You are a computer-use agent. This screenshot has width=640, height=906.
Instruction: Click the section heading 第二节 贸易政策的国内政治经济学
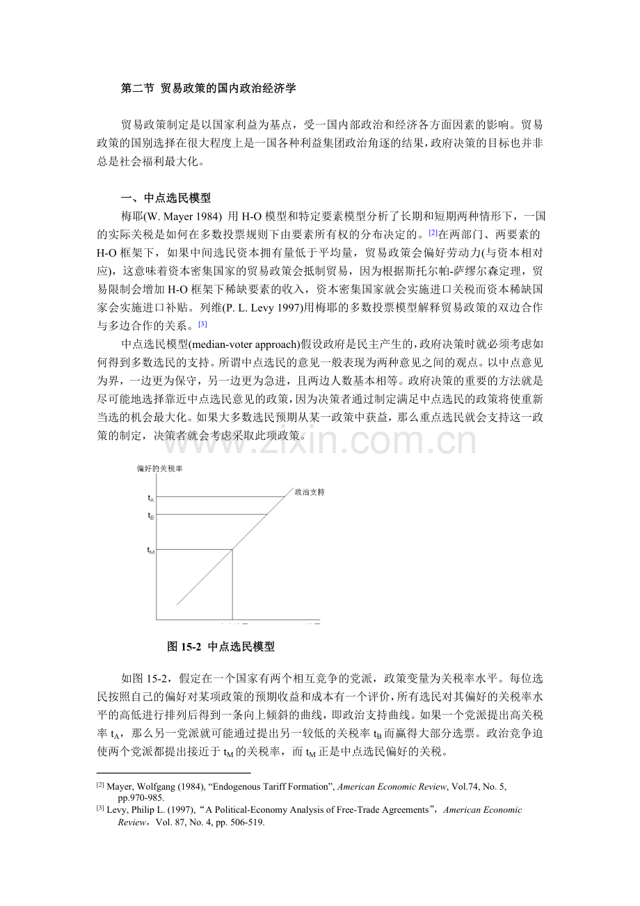(x=209, y=88)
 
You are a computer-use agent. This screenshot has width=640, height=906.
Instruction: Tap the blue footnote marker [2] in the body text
(x=433, y=232)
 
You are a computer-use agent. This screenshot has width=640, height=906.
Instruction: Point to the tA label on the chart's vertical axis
(x=151, y=498)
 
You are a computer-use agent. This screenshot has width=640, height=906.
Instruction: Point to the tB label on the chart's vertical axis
(x=151, y=516)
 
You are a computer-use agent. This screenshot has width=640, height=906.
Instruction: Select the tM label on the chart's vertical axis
(x=151, y=550)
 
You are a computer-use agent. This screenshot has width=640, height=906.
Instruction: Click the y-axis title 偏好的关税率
(x=161, y=468)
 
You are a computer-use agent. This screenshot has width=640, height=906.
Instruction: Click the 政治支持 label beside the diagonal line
(x=310, y=492)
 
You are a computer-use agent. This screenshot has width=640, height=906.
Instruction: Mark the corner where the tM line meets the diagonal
(x=232, y=550)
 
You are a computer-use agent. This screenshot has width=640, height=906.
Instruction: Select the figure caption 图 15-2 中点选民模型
(x=221, y=647)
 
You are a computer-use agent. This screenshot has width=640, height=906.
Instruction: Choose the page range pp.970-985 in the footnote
(x=140, y=797)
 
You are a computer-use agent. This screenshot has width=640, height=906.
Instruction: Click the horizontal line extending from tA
(x=223, y=497)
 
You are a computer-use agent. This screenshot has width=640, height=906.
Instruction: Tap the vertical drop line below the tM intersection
(x=232, y=585)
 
